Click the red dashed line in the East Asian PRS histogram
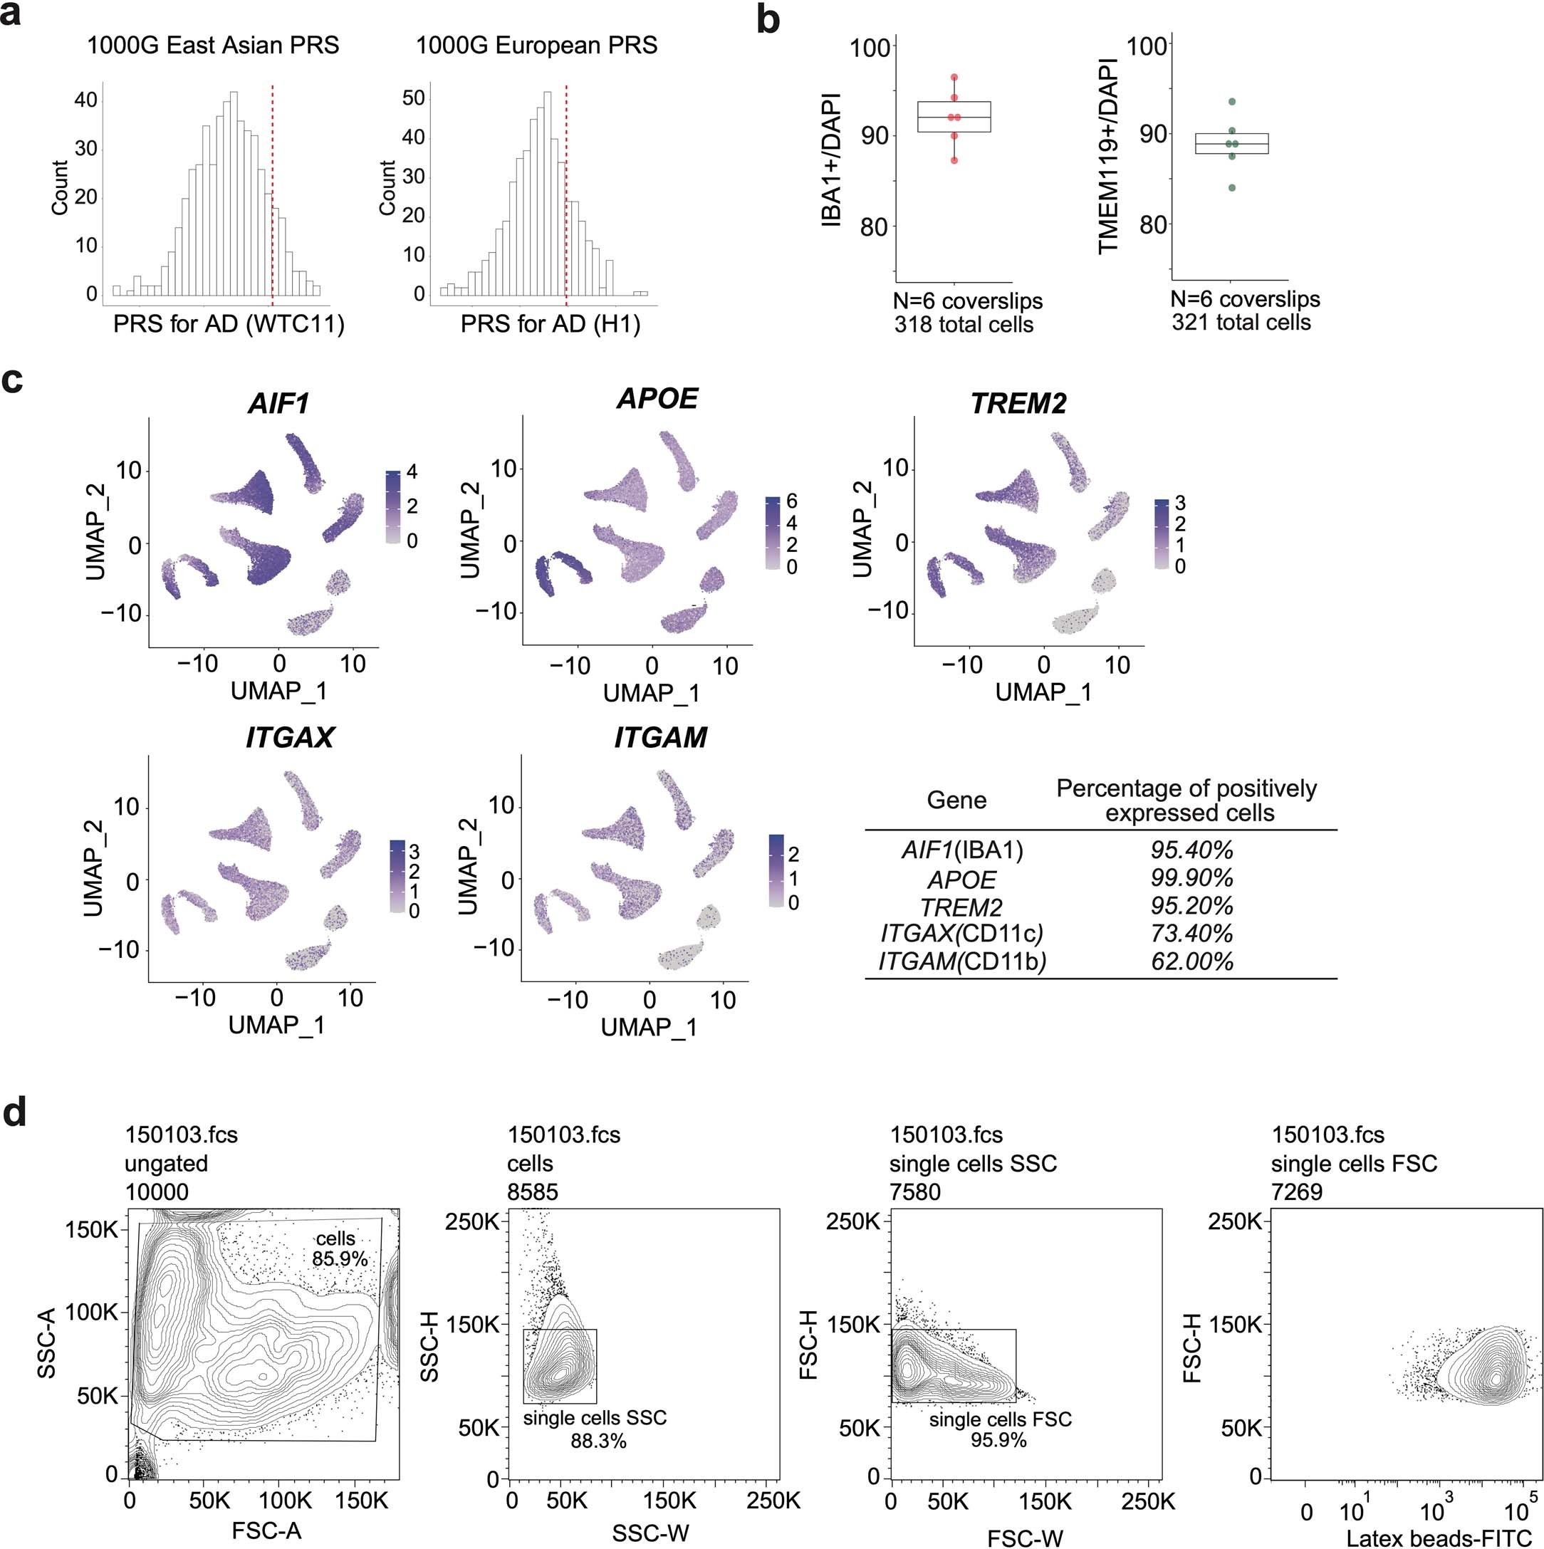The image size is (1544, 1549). [x=273, y=192]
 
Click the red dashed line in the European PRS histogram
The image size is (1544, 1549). [x=566, y=192]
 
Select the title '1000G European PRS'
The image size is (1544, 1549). [x=536, y=46]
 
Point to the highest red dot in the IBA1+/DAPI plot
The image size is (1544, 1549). [x=954, y=78]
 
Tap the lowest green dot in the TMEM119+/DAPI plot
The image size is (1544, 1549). [x=1231, y=187]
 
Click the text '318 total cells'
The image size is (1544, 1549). [x=964, y=325]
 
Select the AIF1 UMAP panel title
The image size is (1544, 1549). [x=278, y=402]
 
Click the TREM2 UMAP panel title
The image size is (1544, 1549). [x=1018, y=402]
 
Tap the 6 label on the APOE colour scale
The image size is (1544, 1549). [x=792, y=502]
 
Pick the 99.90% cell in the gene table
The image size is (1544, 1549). [x=1191, y=878]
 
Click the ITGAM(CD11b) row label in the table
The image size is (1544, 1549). [x=962, y=961]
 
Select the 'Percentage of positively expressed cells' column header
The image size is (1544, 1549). [x=1186, y=800]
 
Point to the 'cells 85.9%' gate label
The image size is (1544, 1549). [x=338, y=1248]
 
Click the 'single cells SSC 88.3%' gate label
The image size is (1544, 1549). [x=595, y=1429]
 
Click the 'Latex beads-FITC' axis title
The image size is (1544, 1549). [x=1438, y=1537]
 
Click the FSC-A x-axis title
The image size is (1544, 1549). [x=266, y=1530]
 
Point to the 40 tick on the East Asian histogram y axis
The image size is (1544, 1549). [x=85, y=100]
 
